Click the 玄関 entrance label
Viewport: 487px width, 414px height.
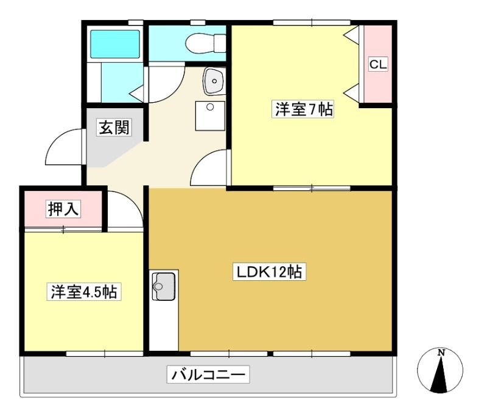tap(114, 127)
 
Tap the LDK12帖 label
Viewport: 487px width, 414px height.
tap(269, 272)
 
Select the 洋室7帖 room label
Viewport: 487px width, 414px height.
tap(304, 109)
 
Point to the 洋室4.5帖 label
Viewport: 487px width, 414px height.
tap(84, 292)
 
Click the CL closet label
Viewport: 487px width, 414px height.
tap(378, 64)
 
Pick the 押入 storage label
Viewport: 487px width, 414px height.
tap(63, 209)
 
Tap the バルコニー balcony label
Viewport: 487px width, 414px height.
tap(208, 374)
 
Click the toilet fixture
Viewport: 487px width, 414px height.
tap(206, 44)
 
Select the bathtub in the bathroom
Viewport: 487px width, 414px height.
tap(115, 44)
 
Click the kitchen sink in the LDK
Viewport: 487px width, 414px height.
tap(163, 286)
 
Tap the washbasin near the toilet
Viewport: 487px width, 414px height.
tap(214, 81)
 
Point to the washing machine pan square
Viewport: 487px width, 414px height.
tap(210, 116)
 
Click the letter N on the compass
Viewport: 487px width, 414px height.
tap(441, 353)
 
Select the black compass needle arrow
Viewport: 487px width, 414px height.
tap(440, 374)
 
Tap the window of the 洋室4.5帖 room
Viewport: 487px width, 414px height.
tap(105, 354)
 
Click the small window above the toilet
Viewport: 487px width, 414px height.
tap(198, 22)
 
